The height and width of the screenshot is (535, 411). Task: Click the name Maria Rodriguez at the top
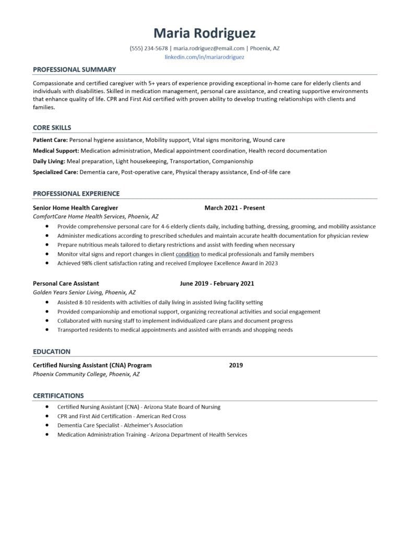coord(205,33)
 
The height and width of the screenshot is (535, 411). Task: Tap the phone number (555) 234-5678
coord(149,48)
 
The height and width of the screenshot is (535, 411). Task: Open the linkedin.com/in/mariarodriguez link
coord(205,57)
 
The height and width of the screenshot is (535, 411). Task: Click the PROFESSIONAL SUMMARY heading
coord(74,69)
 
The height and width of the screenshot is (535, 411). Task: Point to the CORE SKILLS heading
coord(52,127)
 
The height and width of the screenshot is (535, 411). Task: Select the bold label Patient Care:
coord(50,140)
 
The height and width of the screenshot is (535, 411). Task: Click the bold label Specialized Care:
coord(55,171)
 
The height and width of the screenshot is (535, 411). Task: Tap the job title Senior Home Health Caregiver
coord(75,208)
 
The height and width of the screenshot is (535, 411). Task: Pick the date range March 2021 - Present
coord(234,208)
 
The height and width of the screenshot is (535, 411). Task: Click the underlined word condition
coord(187,254)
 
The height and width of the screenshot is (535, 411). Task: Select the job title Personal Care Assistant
coord(66,284)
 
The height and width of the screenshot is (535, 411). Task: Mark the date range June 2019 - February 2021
coord(217,284)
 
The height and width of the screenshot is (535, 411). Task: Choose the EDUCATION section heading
coord(51,352)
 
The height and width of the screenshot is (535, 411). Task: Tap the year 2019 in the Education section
coord(236,365)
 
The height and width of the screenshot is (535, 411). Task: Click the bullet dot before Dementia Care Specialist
coord(47,425)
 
